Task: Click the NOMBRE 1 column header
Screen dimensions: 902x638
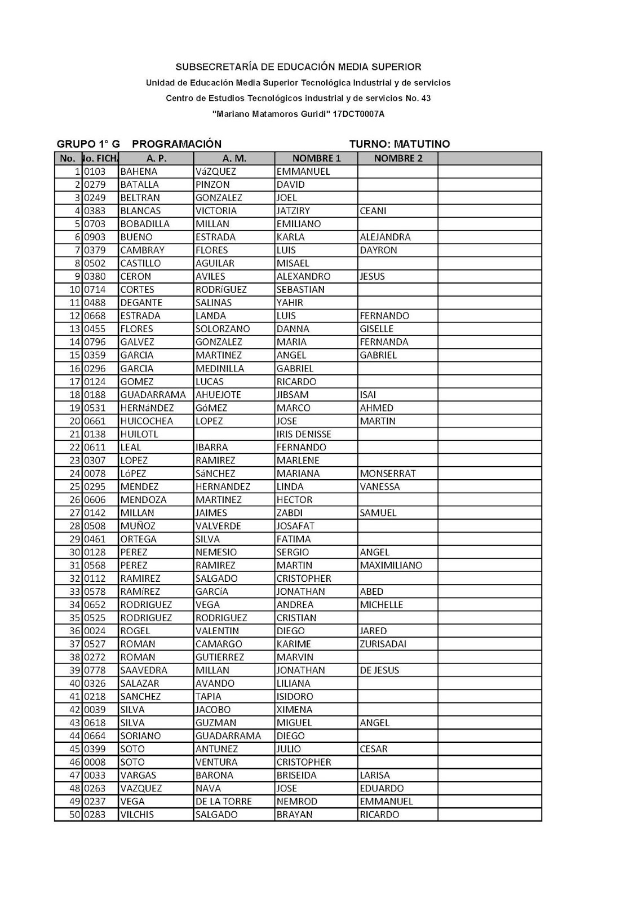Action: tap(316, 158)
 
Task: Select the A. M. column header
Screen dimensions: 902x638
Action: tap(234, 158)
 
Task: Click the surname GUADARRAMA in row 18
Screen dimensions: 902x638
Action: tap(153, 395)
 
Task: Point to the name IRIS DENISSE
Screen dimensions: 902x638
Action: tap(304, 434)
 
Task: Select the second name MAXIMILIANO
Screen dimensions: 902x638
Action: tap(391, 565)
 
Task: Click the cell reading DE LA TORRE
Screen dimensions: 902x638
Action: tap(223, 801)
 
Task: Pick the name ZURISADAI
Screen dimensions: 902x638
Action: tap(383, 644)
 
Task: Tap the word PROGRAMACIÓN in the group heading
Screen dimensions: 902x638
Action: tap(176, 144)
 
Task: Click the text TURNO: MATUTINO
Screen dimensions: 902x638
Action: tap(399, 144)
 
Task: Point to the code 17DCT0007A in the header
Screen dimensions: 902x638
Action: tap(358, 114)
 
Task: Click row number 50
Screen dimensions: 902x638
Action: tap(75, 815)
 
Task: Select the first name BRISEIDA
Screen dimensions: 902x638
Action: tap(296, 775)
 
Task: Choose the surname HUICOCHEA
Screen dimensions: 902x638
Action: tap(147, 421)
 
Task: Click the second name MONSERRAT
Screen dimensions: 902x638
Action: tap(387, 474)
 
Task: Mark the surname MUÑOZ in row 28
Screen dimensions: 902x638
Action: tap(138, 526)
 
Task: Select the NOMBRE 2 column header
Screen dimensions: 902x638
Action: tap(398, 158)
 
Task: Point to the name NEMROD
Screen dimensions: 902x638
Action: tap(296, 801)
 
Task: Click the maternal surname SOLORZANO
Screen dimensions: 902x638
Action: tap(223, 329)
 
